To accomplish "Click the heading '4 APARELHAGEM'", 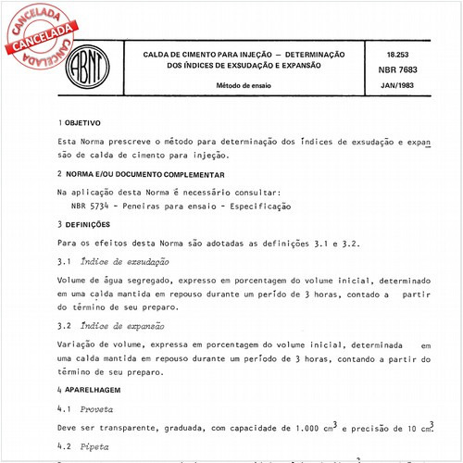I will [x=90, y=391].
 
